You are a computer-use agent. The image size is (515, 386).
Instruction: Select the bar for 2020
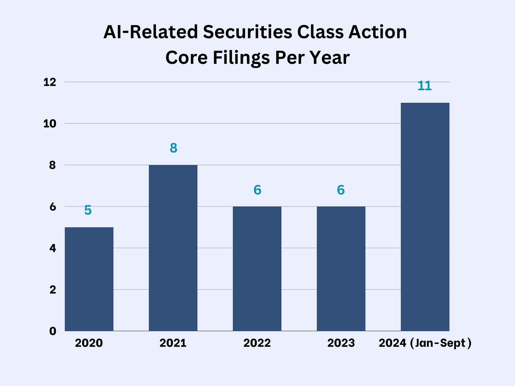point(89,279)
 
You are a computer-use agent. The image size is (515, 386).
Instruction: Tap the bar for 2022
point(257,269)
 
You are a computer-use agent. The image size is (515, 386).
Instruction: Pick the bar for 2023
point(341,269)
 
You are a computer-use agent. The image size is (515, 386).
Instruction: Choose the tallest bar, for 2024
point(425,217)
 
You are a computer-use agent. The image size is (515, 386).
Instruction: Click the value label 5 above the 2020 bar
point(88,210)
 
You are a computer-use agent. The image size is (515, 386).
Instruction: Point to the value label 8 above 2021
point(173,148)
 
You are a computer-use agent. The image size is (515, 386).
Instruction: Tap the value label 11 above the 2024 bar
point(424,86)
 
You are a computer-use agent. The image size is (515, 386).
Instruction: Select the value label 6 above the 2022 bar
point(257,190)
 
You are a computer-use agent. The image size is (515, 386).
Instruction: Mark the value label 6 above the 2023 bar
point(341,190)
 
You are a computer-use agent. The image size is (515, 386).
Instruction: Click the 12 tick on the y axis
point(50,82)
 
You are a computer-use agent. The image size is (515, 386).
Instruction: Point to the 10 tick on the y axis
point(50,124)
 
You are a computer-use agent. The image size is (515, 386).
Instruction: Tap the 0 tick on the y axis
point(53,331)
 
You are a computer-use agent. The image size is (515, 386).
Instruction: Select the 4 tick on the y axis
point(53,248)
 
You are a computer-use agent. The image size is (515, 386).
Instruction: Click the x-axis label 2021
point(173,343)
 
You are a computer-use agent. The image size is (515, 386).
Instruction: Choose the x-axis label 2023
point(341,343)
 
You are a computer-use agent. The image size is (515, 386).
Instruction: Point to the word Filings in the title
point(241,57)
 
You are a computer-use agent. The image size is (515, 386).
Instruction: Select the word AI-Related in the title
point(151,32)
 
